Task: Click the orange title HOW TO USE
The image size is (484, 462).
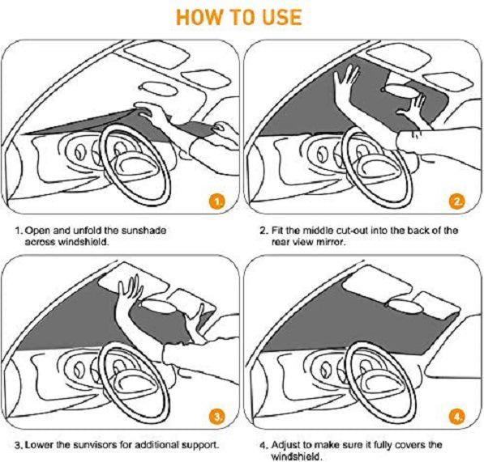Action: tap(239, 17)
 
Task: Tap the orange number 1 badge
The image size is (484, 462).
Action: tap(217, 201)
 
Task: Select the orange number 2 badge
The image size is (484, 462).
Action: tap(457, 201)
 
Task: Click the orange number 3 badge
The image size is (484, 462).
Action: tap(217, 417)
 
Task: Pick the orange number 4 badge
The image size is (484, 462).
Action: tap(457, 417)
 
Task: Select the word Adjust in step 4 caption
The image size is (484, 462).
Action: tap(285, 445)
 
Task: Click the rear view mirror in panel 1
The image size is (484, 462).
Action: tap(158, 89)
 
